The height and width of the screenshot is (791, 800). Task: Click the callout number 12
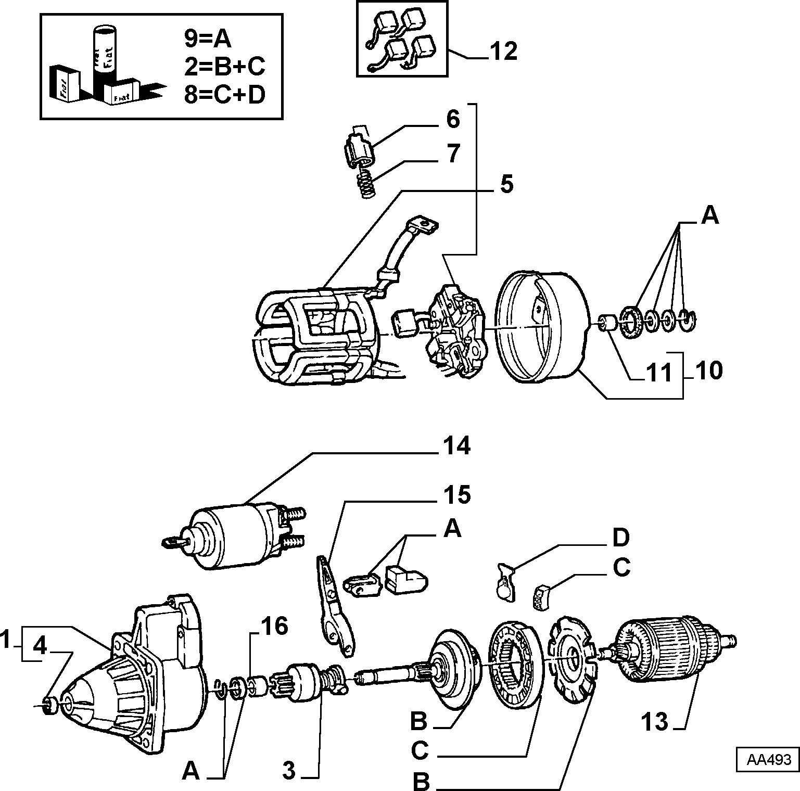click(503, 51)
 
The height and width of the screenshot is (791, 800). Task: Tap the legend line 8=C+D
click(224, 94)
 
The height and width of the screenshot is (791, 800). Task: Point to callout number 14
click(456, 446)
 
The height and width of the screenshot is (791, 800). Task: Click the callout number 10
click(708, 371)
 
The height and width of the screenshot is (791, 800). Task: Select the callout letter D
click(621, 539)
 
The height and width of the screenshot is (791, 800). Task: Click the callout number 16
click(274, 627)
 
